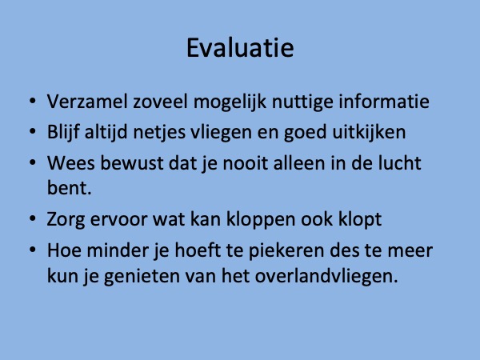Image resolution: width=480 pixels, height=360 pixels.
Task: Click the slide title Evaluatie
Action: point(240,47)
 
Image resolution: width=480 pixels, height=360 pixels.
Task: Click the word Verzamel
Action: point(87,102)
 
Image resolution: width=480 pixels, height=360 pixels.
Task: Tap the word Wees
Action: point(71,163)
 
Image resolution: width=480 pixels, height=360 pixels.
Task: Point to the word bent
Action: point(69,187)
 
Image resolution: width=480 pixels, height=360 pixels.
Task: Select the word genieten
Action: point(142,277)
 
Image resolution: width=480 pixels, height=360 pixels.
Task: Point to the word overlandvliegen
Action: point(326,277)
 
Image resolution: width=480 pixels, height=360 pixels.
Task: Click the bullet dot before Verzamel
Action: point(33,101)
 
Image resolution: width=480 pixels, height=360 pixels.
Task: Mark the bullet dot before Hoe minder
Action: point(33,250)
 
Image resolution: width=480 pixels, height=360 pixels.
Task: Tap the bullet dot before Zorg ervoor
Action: point(33,218)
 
